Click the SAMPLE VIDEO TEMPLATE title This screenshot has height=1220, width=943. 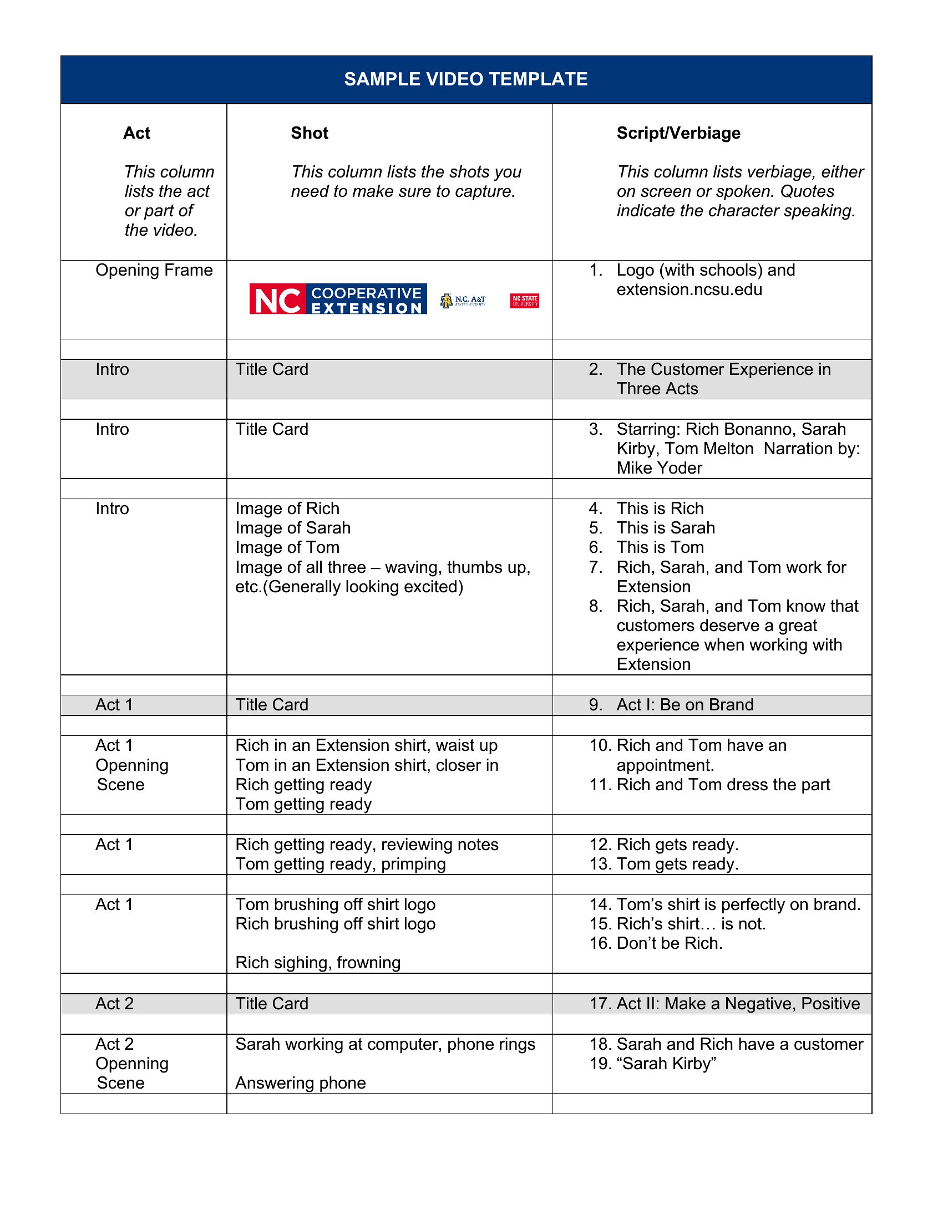(x=465, y=79)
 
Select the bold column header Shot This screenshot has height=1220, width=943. (x=310, y=133)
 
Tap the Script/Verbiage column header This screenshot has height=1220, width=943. (x=678, y=133)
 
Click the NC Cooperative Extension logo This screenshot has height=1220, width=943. (x=338, y=299)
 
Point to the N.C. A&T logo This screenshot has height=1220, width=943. (x=463, y=301)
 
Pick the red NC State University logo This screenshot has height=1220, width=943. (x=524, y=301)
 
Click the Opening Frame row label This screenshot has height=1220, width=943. (x=154, y=271)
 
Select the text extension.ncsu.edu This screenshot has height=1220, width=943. (x=689, y=290)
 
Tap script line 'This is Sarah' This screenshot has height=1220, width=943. (x=665, y=528)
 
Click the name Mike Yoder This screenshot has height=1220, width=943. (x=659, y=468)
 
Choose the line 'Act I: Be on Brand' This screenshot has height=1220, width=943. (x=685, y=705)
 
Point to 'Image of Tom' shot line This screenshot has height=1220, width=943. (x=287, y=547)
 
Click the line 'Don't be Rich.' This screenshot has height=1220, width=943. (x=670, y=943)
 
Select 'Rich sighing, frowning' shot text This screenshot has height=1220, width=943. (x=318, y=963)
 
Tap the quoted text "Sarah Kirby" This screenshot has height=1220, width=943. (x=666, y=1064)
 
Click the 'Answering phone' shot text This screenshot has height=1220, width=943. (x=301, y=1083)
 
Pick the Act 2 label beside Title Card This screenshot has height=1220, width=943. (x=114, y=1004)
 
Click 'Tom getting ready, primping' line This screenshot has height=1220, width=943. (x=340, y=864)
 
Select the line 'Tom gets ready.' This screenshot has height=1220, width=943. (x=677, y=864)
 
